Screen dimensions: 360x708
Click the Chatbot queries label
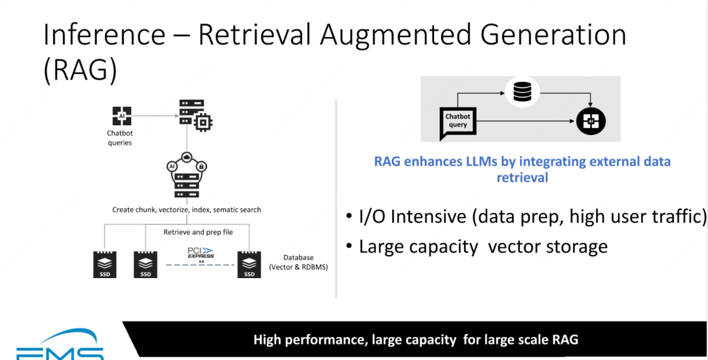[120, 138]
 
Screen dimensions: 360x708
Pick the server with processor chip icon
[195, 115]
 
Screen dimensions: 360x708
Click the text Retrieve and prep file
[198, 232]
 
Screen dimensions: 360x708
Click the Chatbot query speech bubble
[458, 122]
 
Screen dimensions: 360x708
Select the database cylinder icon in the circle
[522, 92]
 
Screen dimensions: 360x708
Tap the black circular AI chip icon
[591, 121]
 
